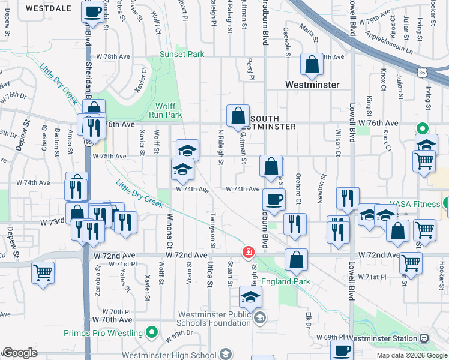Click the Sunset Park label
(x=182, y=54)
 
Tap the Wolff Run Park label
(x=165, y=110)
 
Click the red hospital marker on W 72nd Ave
(x=247, y=253)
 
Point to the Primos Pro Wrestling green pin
(x=152, y=331)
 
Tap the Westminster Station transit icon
(x=424, y=338)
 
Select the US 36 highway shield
(x=423, y=73)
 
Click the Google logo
(x=20, y=353)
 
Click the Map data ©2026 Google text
(x=412, y=355)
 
